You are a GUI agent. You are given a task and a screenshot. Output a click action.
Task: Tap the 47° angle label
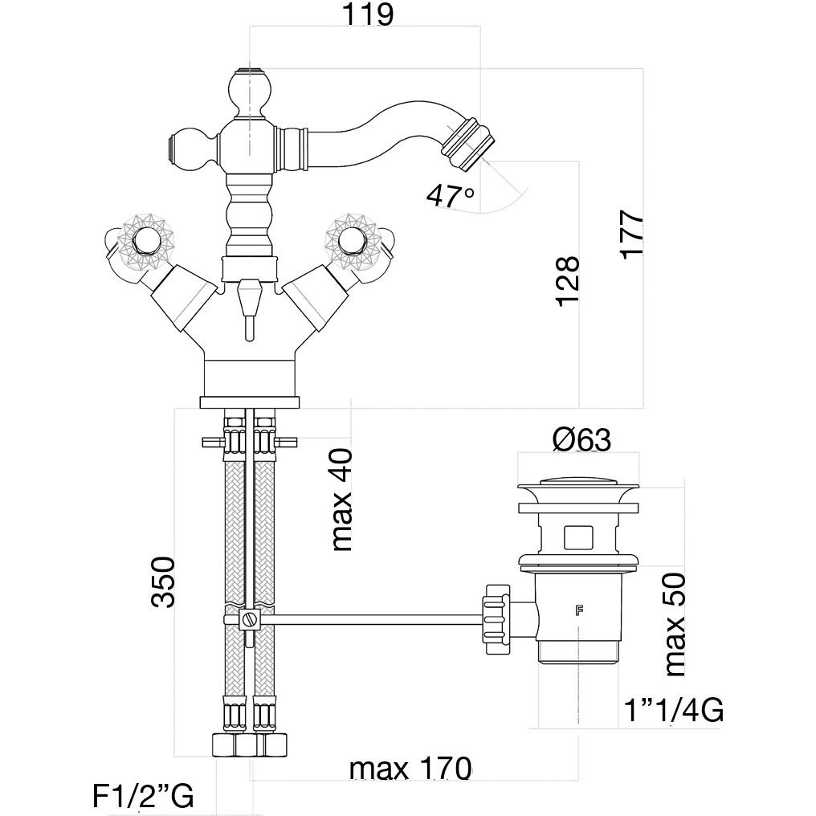451,195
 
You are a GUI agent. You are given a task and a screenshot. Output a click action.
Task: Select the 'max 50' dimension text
675,624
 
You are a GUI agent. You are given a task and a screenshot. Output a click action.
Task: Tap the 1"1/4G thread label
674,710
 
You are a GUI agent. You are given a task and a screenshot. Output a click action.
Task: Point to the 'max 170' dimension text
410,769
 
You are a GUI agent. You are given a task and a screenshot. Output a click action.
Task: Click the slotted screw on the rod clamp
249,620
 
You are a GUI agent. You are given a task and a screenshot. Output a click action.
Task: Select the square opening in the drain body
577,536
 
